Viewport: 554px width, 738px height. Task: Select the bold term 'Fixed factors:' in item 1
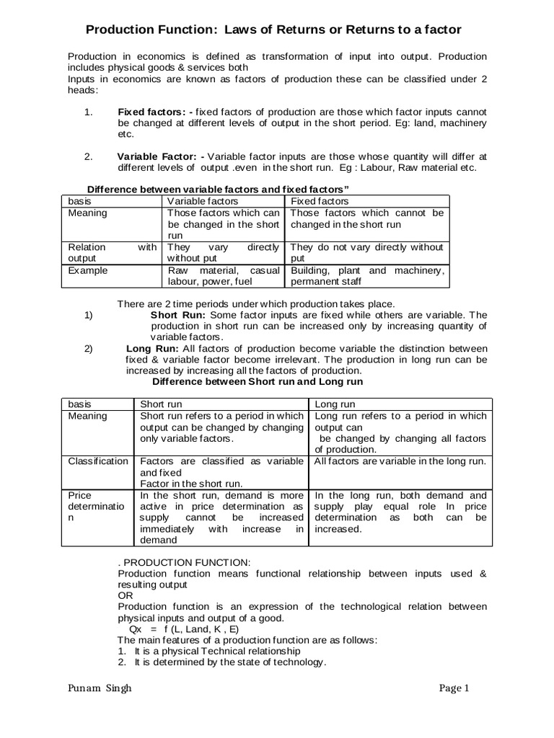point(151,112)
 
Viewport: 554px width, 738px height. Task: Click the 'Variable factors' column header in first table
point(203,201)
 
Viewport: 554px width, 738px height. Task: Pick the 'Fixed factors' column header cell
point(319,201)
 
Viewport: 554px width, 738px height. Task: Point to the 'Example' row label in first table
point(88,270)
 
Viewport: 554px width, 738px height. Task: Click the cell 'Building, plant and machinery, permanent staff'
point(366,276)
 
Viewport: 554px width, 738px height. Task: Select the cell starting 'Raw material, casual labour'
point(223,276)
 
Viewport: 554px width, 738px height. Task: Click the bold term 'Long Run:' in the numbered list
point(149,348)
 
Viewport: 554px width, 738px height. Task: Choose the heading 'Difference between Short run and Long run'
point(258,381)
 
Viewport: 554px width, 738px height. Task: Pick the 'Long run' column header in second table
point(335,404)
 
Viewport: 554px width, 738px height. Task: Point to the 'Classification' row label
point(97,461)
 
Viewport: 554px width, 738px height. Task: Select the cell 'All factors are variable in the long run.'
point(401,461)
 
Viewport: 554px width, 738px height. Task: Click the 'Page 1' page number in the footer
point(454,688)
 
